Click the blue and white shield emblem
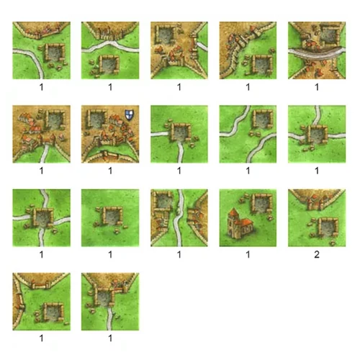coord(129,114)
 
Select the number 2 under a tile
coord(317,254)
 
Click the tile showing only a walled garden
coord(110,218)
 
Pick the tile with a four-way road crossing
coord(42,218)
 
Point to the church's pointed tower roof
coord(233,212)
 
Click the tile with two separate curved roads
coord(248,134)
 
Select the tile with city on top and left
coord(42,302)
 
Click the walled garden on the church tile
coord(261,203)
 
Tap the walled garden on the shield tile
coord(96,120)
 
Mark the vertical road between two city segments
coord(179,218)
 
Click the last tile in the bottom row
coord(110,302)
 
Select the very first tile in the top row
coord(42,50)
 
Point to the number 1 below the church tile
coord(248,254)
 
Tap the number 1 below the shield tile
coord(110,171)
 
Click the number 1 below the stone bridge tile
coord(317,87)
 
